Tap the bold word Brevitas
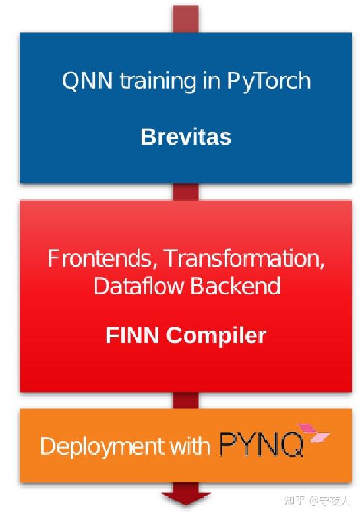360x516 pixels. click(186, 137)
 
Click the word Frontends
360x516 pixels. click(100, 259)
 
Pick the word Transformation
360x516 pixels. click(244, 259)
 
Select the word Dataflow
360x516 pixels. click(138, 285)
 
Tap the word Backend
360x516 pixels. click(235, 285)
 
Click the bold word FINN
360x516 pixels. click(132, 335)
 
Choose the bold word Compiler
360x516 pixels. click(216, 337)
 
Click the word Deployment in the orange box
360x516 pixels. click(103, 447)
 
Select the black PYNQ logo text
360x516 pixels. click(261, 445)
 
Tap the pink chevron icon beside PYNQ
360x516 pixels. click(313, 433)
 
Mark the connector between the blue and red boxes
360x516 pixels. click(186, 191)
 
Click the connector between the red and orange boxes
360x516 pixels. click(186, 401)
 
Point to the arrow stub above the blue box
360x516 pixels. click(186, 19)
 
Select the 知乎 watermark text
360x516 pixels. click(295, 501)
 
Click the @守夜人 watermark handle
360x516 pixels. click(330, 501)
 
